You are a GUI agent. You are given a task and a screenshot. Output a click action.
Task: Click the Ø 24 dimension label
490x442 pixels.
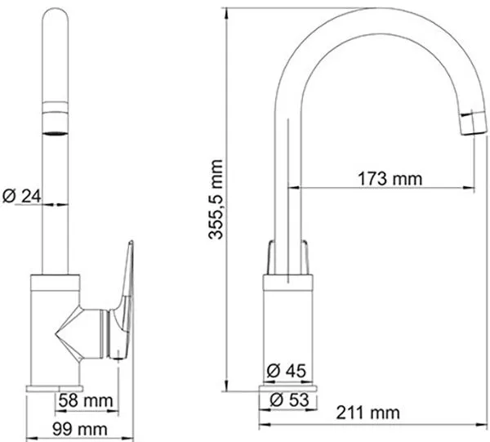pyautogui.click(x=21, y=196)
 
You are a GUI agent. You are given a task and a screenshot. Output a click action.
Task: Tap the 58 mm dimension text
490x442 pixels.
pyautogui.click(x=86, y=400)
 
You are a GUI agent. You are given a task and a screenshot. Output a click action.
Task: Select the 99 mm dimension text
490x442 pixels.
pyautogui.click(x=80, y=429)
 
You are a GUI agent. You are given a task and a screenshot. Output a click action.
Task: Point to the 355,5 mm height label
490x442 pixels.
pyautogui.click(x=216, y=199)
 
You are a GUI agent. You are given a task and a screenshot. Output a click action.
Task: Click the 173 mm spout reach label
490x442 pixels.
pyautogui.click(x=390, y=179)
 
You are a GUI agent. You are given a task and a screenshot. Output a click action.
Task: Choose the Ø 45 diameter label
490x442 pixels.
pyautogui.click(x=287, y=371)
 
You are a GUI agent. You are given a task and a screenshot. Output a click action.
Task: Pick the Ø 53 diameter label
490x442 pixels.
pyautogui.click(x=289, y=400)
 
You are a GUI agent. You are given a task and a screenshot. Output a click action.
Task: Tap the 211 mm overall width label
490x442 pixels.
pyautogui.click(x=367, y=413)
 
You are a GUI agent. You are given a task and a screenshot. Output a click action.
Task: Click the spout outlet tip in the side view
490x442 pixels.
pyautogui.click(x=473, y=123)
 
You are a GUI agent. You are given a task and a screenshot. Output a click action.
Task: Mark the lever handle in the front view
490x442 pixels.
pyautogui.click(x=124, y=300)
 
